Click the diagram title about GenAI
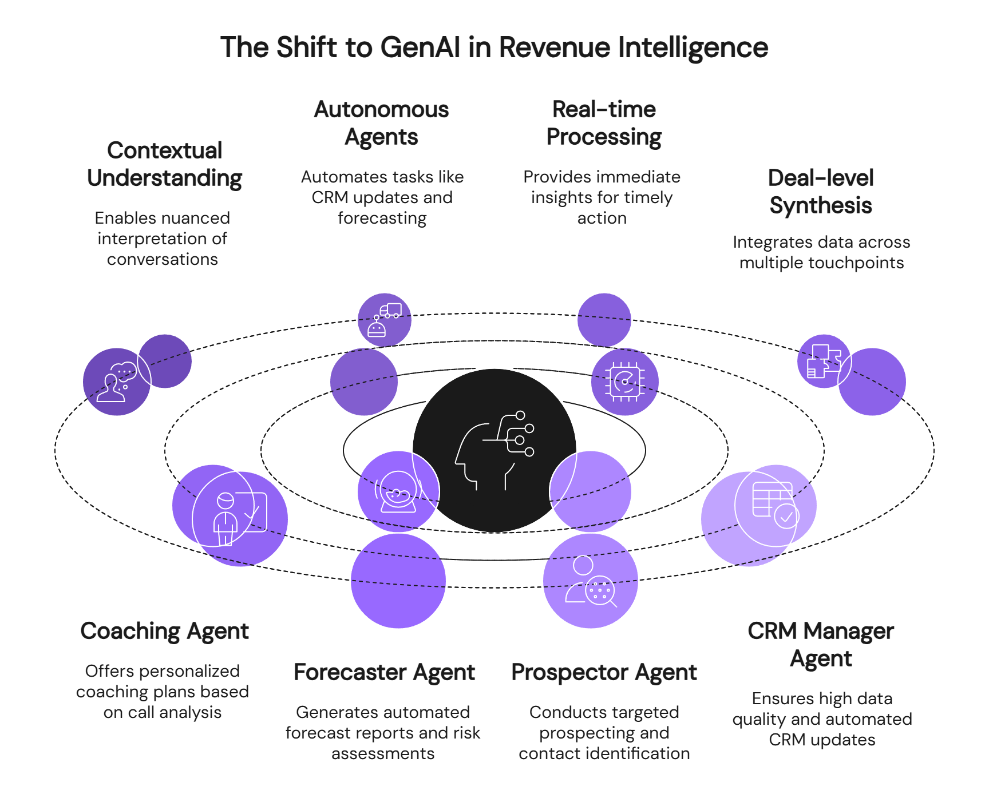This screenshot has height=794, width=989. click(x=494, y=47)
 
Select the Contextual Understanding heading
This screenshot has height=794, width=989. click(x=165, y=164)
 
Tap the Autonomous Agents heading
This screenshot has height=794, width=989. click(x=382, y=123)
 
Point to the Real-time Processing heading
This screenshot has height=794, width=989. click(x=604, y=123)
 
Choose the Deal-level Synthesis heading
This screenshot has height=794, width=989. click(x=821, y=192)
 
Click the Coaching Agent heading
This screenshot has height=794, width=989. click(x=165, y=631)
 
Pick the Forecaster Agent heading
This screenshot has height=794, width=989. click(x=384, y=672)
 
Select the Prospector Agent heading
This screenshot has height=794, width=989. click(x=604, y=672)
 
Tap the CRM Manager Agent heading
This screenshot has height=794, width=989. click(x=821, y=645)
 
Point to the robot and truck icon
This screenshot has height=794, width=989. click(x=385, y=320)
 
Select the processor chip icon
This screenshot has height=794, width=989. click(x=624, y=382)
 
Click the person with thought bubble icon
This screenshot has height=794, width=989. click(x=117, y=382)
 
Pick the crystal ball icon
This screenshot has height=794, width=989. click(x=398, y=491)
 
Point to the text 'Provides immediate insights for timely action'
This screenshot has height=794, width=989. click(x=602, y=197)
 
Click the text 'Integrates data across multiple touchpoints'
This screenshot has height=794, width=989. click(x=821, y=252)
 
